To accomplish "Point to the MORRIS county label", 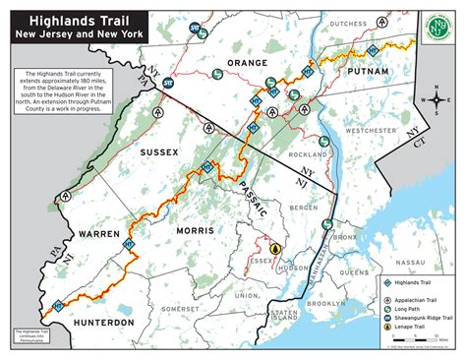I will tap(198, 229).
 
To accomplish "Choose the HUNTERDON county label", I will tap(101, 322).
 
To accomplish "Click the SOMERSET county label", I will tap(180, 308).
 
